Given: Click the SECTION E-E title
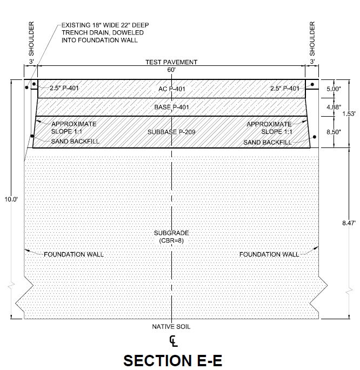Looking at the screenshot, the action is (172, 360).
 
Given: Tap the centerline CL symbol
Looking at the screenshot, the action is (174, 341).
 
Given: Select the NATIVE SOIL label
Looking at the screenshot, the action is (171, 327).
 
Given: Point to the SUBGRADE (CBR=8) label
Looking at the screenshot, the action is (171, 237).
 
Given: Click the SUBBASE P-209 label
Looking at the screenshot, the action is (171, 132).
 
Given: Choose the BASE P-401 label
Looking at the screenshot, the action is (171, 107).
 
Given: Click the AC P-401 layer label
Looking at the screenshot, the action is (171, 89).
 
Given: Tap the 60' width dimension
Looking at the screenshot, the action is (171, 70).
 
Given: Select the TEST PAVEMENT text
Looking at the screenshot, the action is (171, 62).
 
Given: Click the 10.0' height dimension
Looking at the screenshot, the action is (11, 199).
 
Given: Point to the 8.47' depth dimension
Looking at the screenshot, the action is (349, 223).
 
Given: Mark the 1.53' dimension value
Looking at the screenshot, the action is (349, 114).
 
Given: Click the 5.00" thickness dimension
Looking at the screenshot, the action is (334, 89).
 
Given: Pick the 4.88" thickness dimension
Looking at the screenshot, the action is (334, 107).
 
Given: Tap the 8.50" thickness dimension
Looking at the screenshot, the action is (334, 132).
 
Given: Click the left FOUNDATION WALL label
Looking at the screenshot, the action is (74, 254).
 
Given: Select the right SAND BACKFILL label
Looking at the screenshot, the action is (268, 143).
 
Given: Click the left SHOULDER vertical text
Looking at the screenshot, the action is (31, 39).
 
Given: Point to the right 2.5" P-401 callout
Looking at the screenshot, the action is (285, 89).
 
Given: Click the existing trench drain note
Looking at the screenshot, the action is (105, 32).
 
